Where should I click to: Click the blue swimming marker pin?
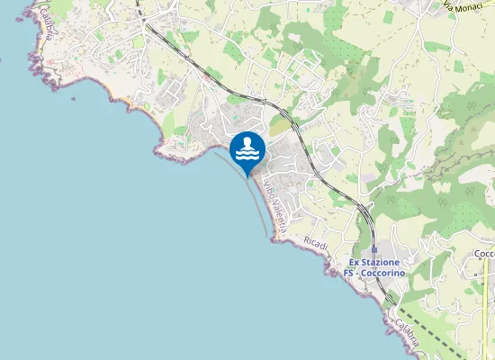[247, 148]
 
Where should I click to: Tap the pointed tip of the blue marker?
[247, 173]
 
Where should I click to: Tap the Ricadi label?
[316, 244]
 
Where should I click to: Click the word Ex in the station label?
[355, 262]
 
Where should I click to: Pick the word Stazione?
[382, 262]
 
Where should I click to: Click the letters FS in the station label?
[349, 272]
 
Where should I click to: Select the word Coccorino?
[384, 272]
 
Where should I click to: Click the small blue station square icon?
[373, 250]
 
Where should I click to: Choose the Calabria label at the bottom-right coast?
[405, 334]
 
